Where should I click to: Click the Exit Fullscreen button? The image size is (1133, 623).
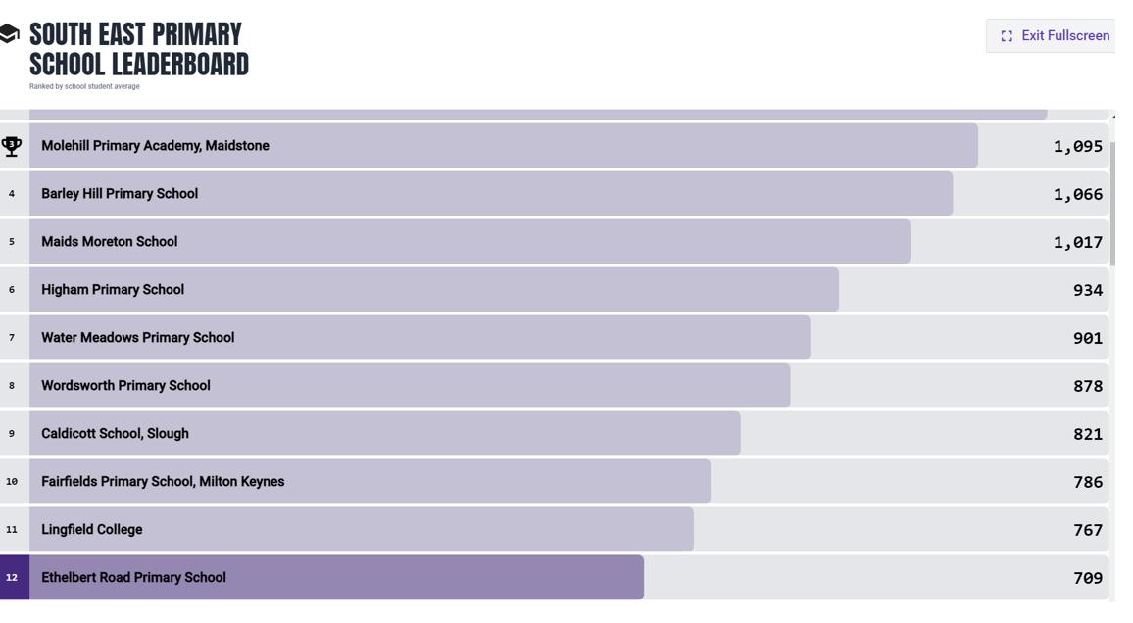[1054, 36]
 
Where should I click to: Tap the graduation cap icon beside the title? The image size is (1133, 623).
[10, 35]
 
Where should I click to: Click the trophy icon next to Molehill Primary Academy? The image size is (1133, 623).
[12, 146]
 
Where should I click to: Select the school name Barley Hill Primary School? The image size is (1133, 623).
[120, 194]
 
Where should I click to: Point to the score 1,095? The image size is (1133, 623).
[1077, 146]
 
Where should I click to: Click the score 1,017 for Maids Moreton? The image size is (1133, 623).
[1077, 242]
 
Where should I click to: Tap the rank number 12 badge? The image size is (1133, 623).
[13, 578]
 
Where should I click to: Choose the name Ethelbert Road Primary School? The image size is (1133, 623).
[133, 578]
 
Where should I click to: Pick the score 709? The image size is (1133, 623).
[1087, 578]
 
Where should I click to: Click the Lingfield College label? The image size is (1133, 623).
[92, 530]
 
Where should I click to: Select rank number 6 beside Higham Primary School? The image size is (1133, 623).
[12, 290]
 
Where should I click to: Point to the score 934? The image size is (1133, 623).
[1087, 290]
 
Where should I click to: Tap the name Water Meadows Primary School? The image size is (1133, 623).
[137, 338]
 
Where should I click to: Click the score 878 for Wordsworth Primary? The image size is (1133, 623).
[1087, 386]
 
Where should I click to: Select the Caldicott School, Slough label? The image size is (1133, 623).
[115, 434]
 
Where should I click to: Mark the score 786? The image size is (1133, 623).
[1087, 482]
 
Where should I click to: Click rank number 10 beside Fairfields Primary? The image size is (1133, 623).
[12, 482]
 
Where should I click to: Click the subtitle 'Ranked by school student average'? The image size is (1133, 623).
[84, 86]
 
